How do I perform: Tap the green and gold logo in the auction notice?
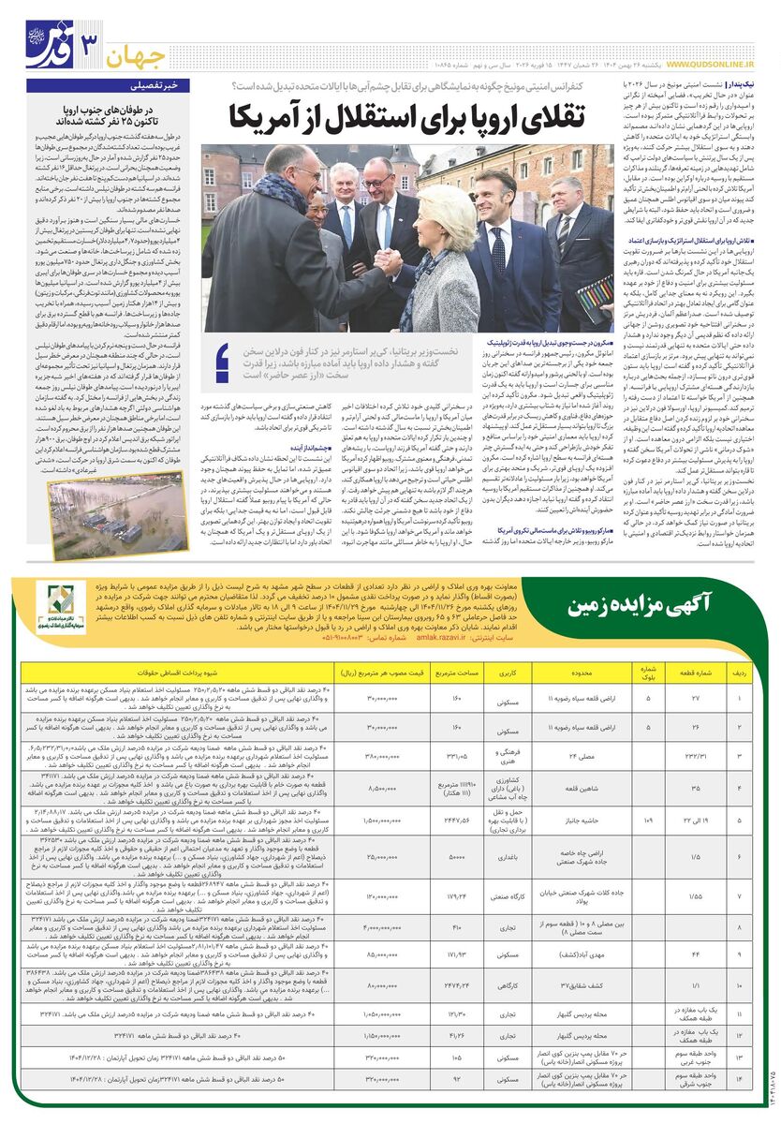(x=67, y=606)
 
